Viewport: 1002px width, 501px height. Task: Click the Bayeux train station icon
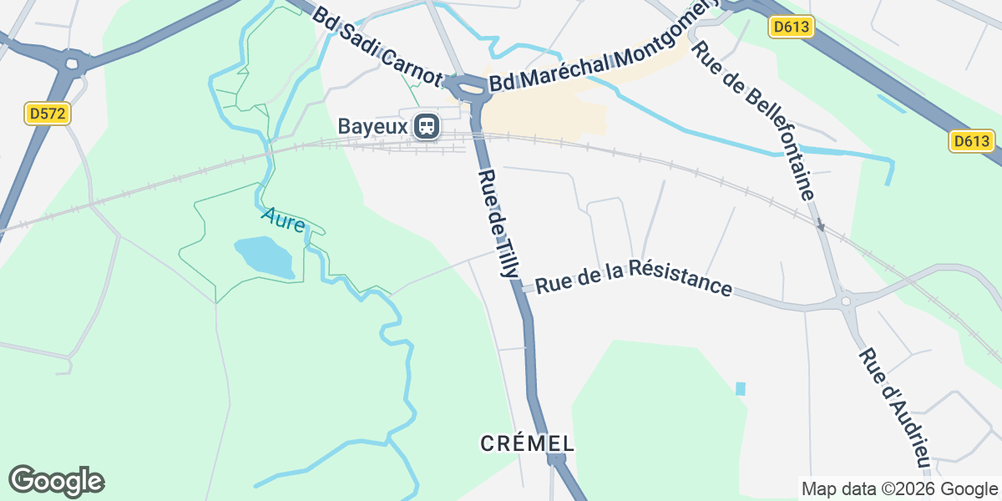click(x=427, y=127)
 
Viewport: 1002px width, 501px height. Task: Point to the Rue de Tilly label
click(x=499, y=223)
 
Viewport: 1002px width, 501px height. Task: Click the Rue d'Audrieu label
click(x=894, y=407)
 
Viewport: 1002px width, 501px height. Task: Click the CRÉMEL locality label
click(x=528, y=443)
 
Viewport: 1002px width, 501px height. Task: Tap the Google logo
click(x=56, y=482)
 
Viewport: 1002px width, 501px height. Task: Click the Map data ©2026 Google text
click(x=899, y=488)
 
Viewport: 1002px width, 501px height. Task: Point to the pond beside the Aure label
click(x=265, y=256)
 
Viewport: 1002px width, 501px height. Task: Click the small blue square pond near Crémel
click(x=740, y=388)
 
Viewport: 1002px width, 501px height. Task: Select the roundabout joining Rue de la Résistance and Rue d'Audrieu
click(x=847, y=301)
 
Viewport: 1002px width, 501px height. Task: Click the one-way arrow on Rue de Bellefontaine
click(x=820, y=225)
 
